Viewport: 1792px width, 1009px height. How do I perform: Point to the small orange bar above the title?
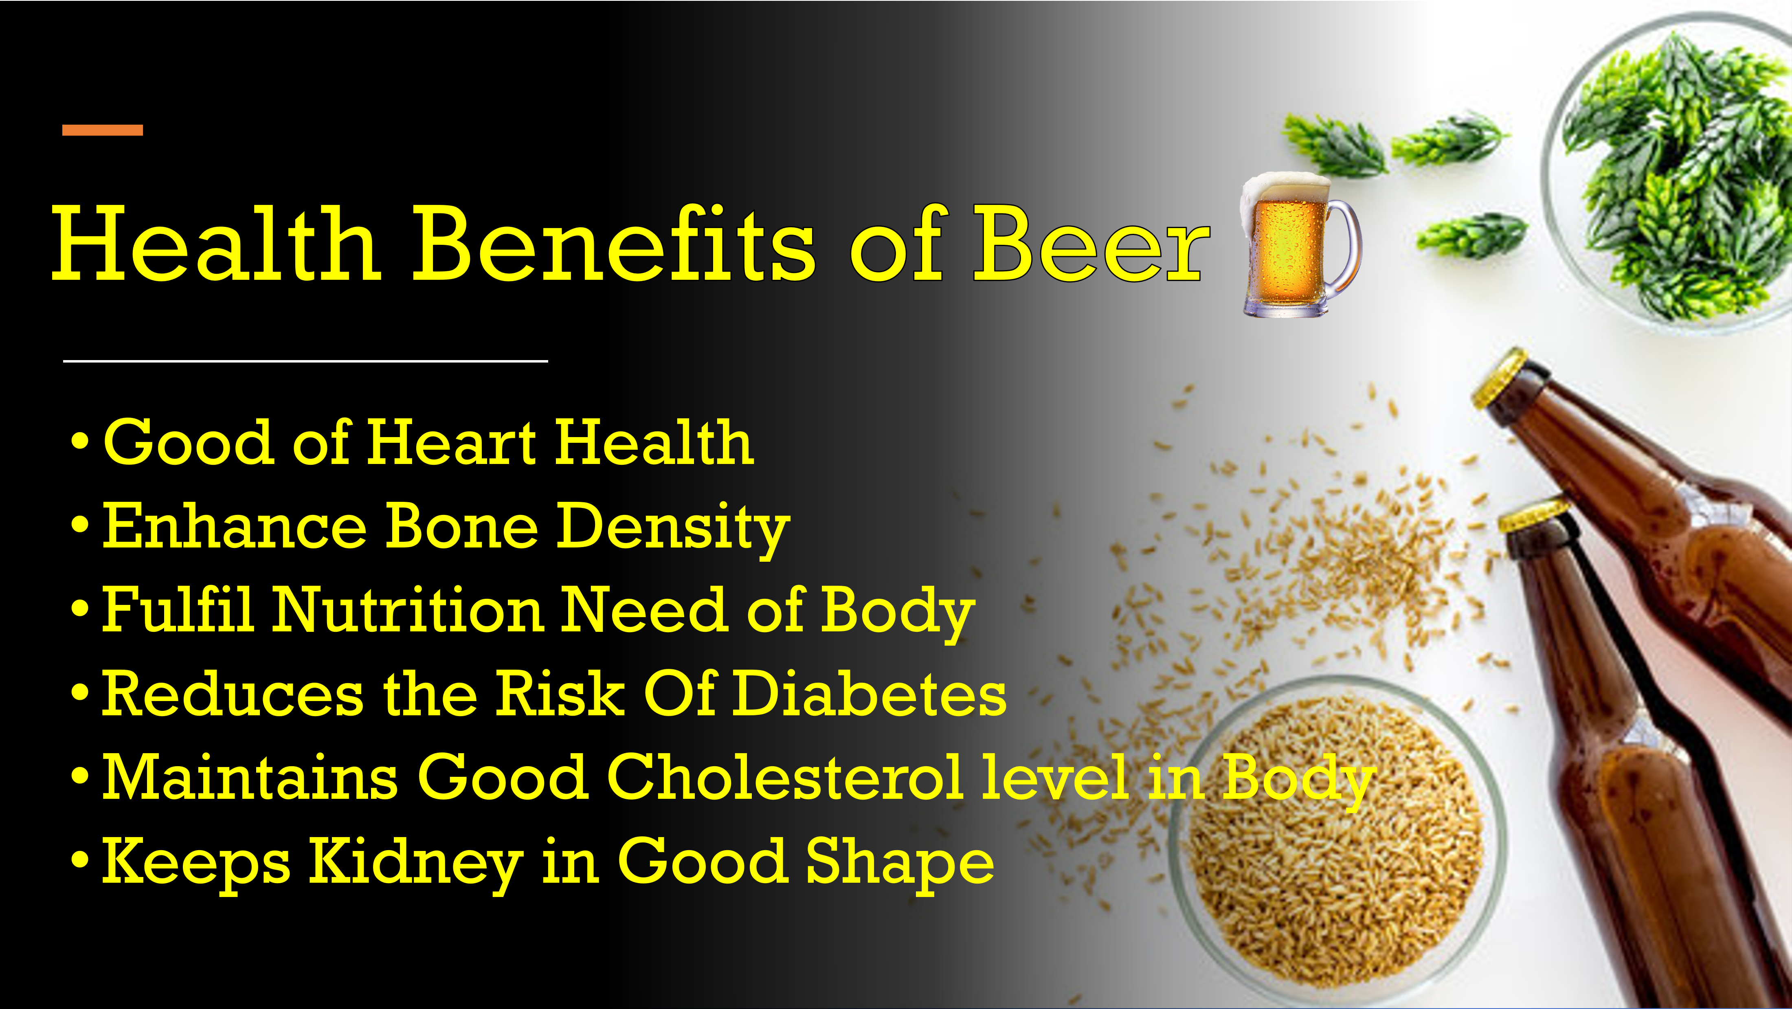pos(102,130)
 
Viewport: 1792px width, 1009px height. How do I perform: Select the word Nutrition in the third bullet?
pos(408,610)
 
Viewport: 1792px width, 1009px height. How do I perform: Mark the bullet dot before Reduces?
pos(81,693)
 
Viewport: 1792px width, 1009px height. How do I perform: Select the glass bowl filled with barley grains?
pos(1336,835)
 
